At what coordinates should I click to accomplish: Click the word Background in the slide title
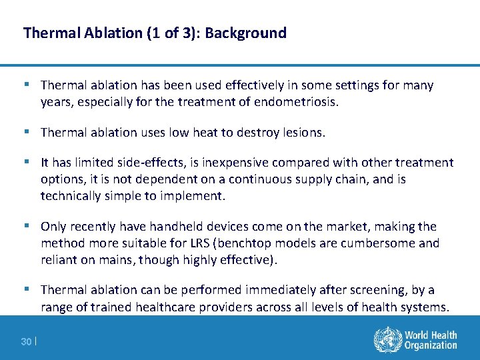coord(246,33)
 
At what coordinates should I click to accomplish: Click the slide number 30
coord(26,342)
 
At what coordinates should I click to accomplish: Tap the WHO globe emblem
coord(385,340)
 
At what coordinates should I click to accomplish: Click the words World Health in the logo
coord(431,335)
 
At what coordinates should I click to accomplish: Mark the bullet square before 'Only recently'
coord(27,225)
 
